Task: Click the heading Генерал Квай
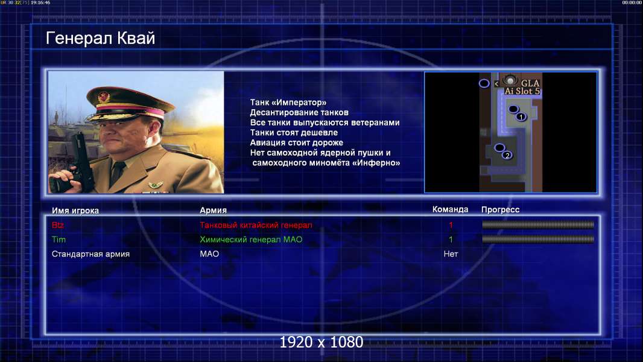pyautogui.click(x=101, y=38)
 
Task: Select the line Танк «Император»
pyautogui.click(x=288, y=103)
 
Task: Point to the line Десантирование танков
pyautogui.click(x=299, y=112)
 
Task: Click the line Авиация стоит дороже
pyautogui.click(x=297, y=142)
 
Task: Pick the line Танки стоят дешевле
pyautogui.click(x=294, y=132)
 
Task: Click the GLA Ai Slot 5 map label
pyautogui.click(x=522, y=87)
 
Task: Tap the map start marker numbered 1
pyautogui.click(x=521, y=117)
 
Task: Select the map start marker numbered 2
pyautogui.click(x=507, y=156)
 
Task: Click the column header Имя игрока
pyautogui.click(x=75, y=211)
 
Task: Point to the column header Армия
pyautogui.click(x=214, y=210)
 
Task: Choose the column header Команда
pyautogui.click(x=450, y=209)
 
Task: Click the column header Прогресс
pyautogui.click(x=500, y=209)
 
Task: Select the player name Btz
pyautogui.click(x=58, y=225)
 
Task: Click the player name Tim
pyautogui.click(x=59, y=240)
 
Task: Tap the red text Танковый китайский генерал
pyautogui.click(x=256, y=225)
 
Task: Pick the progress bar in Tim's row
pyautogui.click(x=538, y=239)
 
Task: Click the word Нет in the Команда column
pyautogui.click(x=451, y=254)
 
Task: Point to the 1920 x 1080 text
pyautogui.click(x=321, y=342)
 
